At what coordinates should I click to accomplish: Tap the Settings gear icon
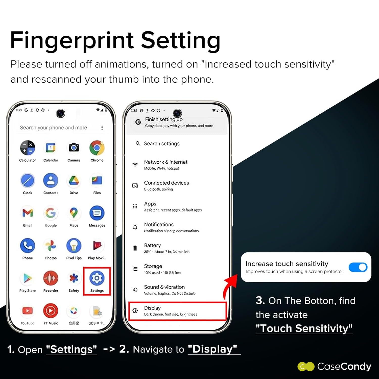point(97,278)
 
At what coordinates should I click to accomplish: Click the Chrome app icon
point(97,148)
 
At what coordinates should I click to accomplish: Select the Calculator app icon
point(28,148)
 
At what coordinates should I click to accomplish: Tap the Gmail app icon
point(28,213)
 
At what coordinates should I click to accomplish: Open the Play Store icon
point(28,278)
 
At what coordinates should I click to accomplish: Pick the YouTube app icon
point(28,311)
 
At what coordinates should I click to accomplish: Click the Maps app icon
point(74,213)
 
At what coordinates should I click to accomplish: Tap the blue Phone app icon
point(28,246)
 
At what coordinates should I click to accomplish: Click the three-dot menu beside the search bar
point(102,128)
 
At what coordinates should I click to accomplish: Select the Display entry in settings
point(152,308)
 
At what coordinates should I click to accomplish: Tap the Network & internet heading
point(166,162)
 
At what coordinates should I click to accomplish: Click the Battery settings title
point(152,245)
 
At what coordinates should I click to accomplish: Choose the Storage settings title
point(153,266)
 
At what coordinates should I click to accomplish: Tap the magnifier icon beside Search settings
point(138,144)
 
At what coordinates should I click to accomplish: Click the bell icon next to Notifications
point(135,227)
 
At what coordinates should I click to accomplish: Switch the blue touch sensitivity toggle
point(358,267)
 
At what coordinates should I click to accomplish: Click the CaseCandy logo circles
point(306,367)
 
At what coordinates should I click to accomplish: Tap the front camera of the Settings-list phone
point(177,113)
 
